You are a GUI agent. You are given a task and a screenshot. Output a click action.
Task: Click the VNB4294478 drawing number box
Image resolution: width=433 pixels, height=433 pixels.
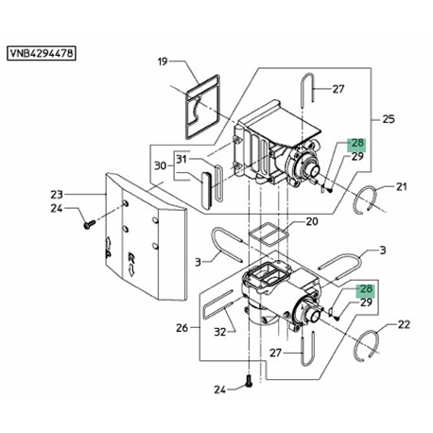coord(42,53)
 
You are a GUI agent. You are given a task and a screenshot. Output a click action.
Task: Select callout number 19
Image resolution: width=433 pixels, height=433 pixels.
coord(163,61)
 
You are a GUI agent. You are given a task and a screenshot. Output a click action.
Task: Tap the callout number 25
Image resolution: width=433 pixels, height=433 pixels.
coord(389,119)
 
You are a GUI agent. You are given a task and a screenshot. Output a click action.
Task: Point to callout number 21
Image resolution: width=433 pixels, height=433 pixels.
coord(401,187)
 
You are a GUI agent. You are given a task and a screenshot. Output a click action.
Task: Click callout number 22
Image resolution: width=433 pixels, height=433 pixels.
coord(404,324)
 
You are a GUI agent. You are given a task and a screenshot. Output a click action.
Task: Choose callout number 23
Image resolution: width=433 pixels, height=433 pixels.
coord(57,195)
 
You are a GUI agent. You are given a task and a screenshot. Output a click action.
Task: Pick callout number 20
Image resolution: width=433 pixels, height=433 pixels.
coord(312,221)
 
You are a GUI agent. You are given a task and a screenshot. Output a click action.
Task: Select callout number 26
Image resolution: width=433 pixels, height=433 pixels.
coord(182,328)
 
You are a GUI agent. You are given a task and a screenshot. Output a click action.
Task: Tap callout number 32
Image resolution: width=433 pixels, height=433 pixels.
coord(220,332)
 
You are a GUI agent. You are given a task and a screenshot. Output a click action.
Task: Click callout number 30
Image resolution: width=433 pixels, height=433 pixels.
coord(160,165)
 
